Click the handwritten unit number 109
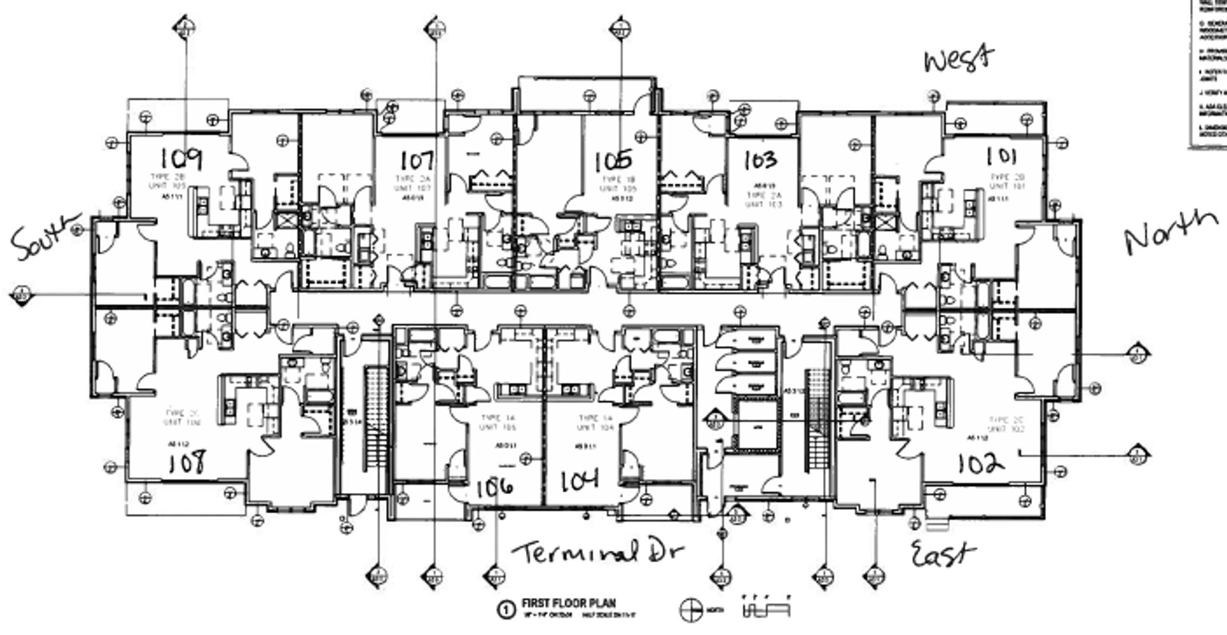[181, 158]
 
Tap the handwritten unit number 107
[417, 160]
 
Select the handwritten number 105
[613, 161]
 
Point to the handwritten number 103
[760, 160]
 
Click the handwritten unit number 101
[1001, 156]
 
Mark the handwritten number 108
[187, 462]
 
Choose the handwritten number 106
[495, 487]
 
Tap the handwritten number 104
[580, 481]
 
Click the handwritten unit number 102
[980, 463]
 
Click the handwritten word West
[959, 59]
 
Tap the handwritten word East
[943, 554]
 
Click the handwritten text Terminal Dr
[598, 552]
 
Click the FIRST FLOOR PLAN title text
[569, 603]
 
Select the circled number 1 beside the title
[505, 609]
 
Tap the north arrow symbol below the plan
[690, 610]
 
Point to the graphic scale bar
[766, 607]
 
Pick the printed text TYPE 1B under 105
[618, 180]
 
